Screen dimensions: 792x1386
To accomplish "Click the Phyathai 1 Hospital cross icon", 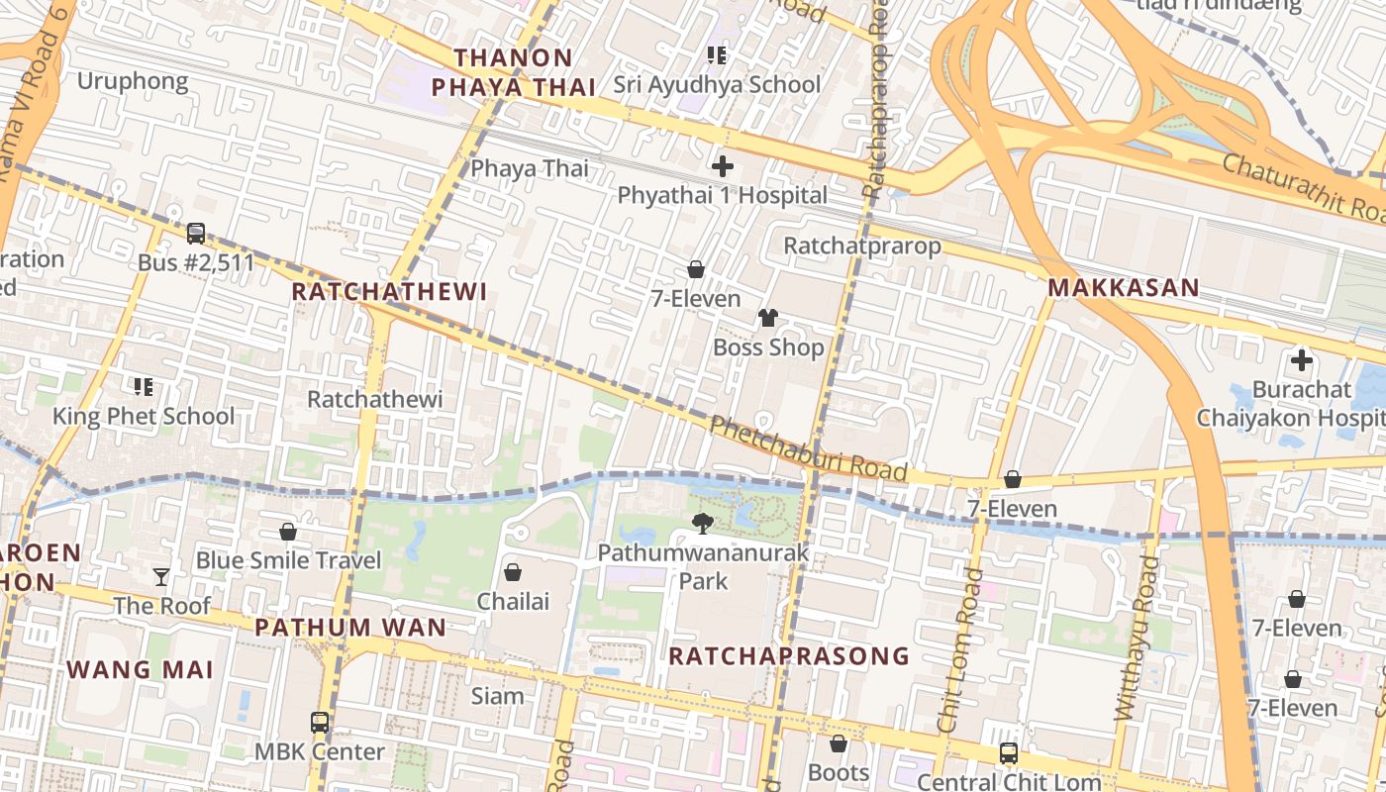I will (723, 165).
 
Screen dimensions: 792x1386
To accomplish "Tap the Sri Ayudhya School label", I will (717, 84).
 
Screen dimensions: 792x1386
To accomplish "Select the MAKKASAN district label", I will (1124, 288).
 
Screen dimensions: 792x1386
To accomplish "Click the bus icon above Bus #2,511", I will (196, 234).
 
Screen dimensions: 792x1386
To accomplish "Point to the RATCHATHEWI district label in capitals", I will (390, 292).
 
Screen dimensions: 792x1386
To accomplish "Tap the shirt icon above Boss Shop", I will (767, 318).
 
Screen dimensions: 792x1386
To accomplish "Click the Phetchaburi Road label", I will (808, 449).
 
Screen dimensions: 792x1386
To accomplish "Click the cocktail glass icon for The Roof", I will (161, 576).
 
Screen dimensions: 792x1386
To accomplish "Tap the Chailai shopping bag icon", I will (513, 572).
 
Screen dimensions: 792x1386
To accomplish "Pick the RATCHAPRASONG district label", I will (788, 655).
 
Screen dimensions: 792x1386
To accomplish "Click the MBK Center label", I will (320, 751).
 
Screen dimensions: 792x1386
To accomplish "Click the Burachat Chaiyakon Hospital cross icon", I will (1301, 360).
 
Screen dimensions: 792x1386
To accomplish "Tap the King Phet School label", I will (144, 416).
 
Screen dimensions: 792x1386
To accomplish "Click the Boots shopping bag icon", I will (839, 743).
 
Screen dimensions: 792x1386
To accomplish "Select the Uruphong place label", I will (133, 81).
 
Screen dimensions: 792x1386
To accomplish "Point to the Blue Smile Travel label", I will (288, 560).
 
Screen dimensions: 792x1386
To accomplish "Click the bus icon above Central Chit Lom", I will (1008, 753).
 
